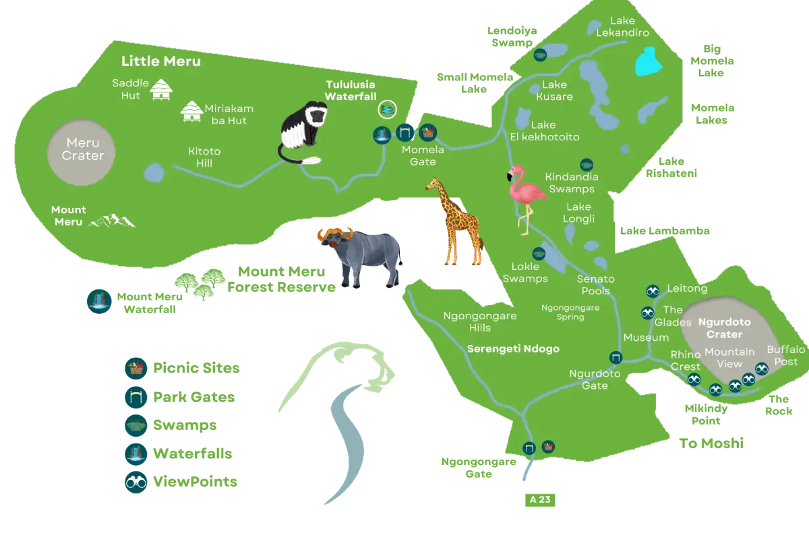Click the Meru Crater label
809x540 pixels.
[83, 149]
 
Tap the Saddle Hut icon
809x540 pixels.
[161, 90]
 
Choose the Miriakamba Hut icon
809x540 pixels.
[191, 112]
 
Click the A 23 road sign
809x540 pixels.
[538, 500]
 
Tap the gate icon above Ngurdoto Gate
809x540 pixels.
[615, 358]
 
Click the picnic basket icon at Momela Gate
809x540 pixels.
[427, 132]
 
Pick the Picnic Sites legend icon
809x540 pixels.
[136, 369]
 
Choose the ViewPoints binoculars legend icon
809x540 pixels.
[136, 482]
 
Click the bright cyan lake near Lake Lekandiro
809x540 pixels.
[648, 61]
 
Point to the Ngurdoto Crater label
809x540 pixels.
[720, 328]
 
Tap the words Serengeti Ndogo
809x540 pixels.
[513, 349]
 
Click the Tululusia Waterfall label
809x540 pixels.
[351, 91]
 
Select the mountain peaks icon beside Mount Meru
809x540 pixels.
[113, 221]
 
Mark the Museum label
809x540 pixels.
[646, 337]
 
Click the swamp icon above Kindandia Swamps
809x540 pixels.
[587, 165]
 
